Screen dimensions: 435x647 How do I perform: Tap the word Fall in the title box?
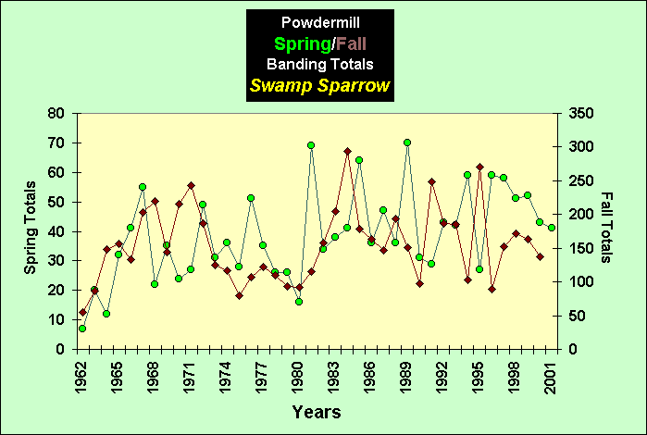pos(353,43)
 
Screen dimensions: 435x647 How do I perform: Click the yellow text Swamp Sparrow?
pos(319,87)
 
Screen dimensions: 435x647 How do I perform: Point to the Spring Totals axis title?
pos(30,230)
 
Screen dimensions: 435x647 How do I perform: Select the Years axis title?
pos(318,410)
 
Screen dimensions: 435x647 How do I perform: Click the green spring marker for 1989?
pos(407,143)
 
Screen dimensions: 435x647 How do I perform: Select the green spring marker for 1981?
pos(311,145)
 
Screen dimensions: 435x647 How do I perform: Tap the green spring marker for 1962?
pos(82,329)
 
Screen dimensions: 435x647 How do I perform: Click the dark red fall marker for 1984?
pos(347,151)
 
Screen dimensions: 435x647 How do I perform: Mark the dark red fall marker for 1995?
pos(479,168)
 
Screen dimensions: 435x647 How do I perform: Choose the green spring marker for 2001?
pos(552,228)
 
